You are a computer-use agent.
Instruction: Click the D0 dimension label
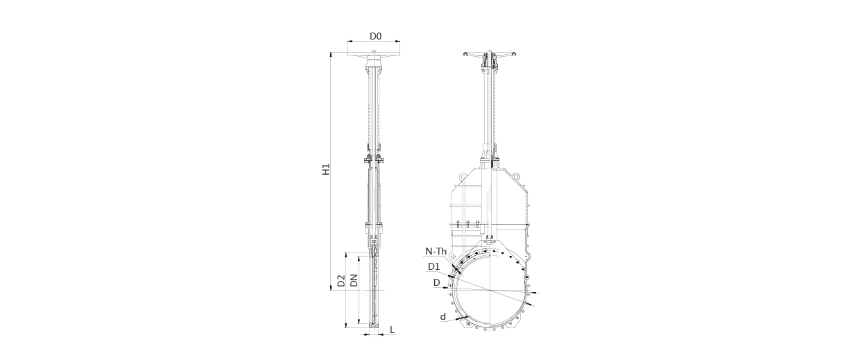pos(375,36)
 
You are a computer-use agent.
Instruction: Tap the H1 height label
pos(326,169)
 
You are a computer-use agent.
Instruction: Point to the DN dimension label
pos(354,280)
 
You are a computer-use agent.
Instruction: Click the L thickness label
pos(392,329)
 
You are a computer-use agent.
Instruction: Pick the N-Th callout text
pos(436,251)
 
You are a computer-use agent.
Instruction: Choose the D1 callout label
pos(434,266)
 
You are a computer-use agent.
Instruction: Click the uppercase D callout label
pos(436,283)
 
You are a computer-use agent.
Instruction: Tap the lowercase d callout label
pos(443,316)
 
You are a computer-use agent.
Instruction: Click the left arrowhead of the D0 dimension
pos(349,41)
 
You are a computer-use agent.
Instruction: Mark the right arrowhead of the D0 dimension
pos(398,41)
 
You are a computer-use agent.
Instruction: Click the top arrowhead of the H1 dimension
pos(331,55)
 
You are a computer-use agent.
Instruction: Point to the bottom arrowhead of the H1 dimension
pos(331,288)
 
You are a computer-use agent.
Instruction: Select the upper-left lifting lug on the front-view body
pos(464,176)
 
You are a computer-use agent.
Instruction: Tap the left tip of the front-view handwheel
pos(464,54)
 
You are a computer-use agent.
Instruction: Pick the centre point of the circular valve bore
pos(490,290)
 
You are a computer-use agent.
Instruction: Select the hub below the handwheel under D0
pos(374,61)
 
